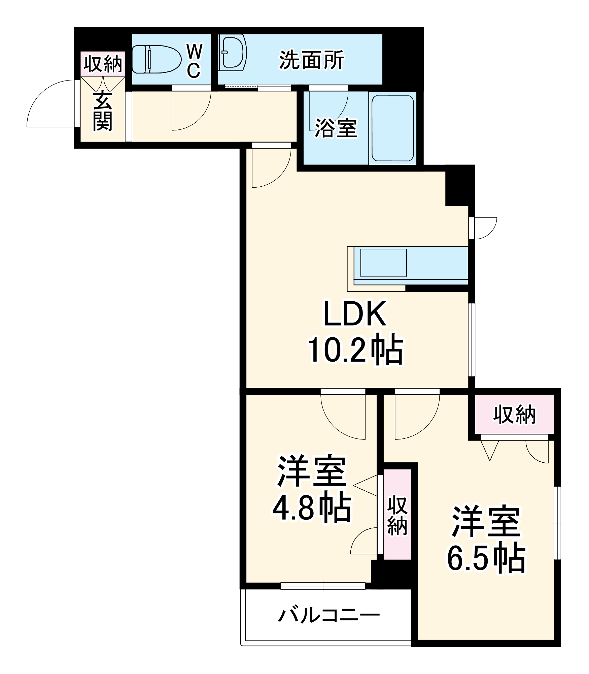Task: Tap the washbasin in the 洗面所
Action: point(233,53)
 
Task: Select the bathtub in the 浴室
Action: point(392,128)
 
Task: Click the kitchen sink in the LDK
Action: point(383,263)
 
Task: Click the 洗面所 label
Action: point(311,60)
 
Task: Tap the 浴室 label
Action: point(335,128)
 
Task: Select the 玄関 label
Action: point(102,111)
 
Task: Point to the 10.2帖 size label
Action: point(355,350)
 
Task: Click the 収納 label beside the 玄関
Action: point(103,63)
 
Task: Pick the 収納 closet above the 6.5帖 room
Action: point(514,414)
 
